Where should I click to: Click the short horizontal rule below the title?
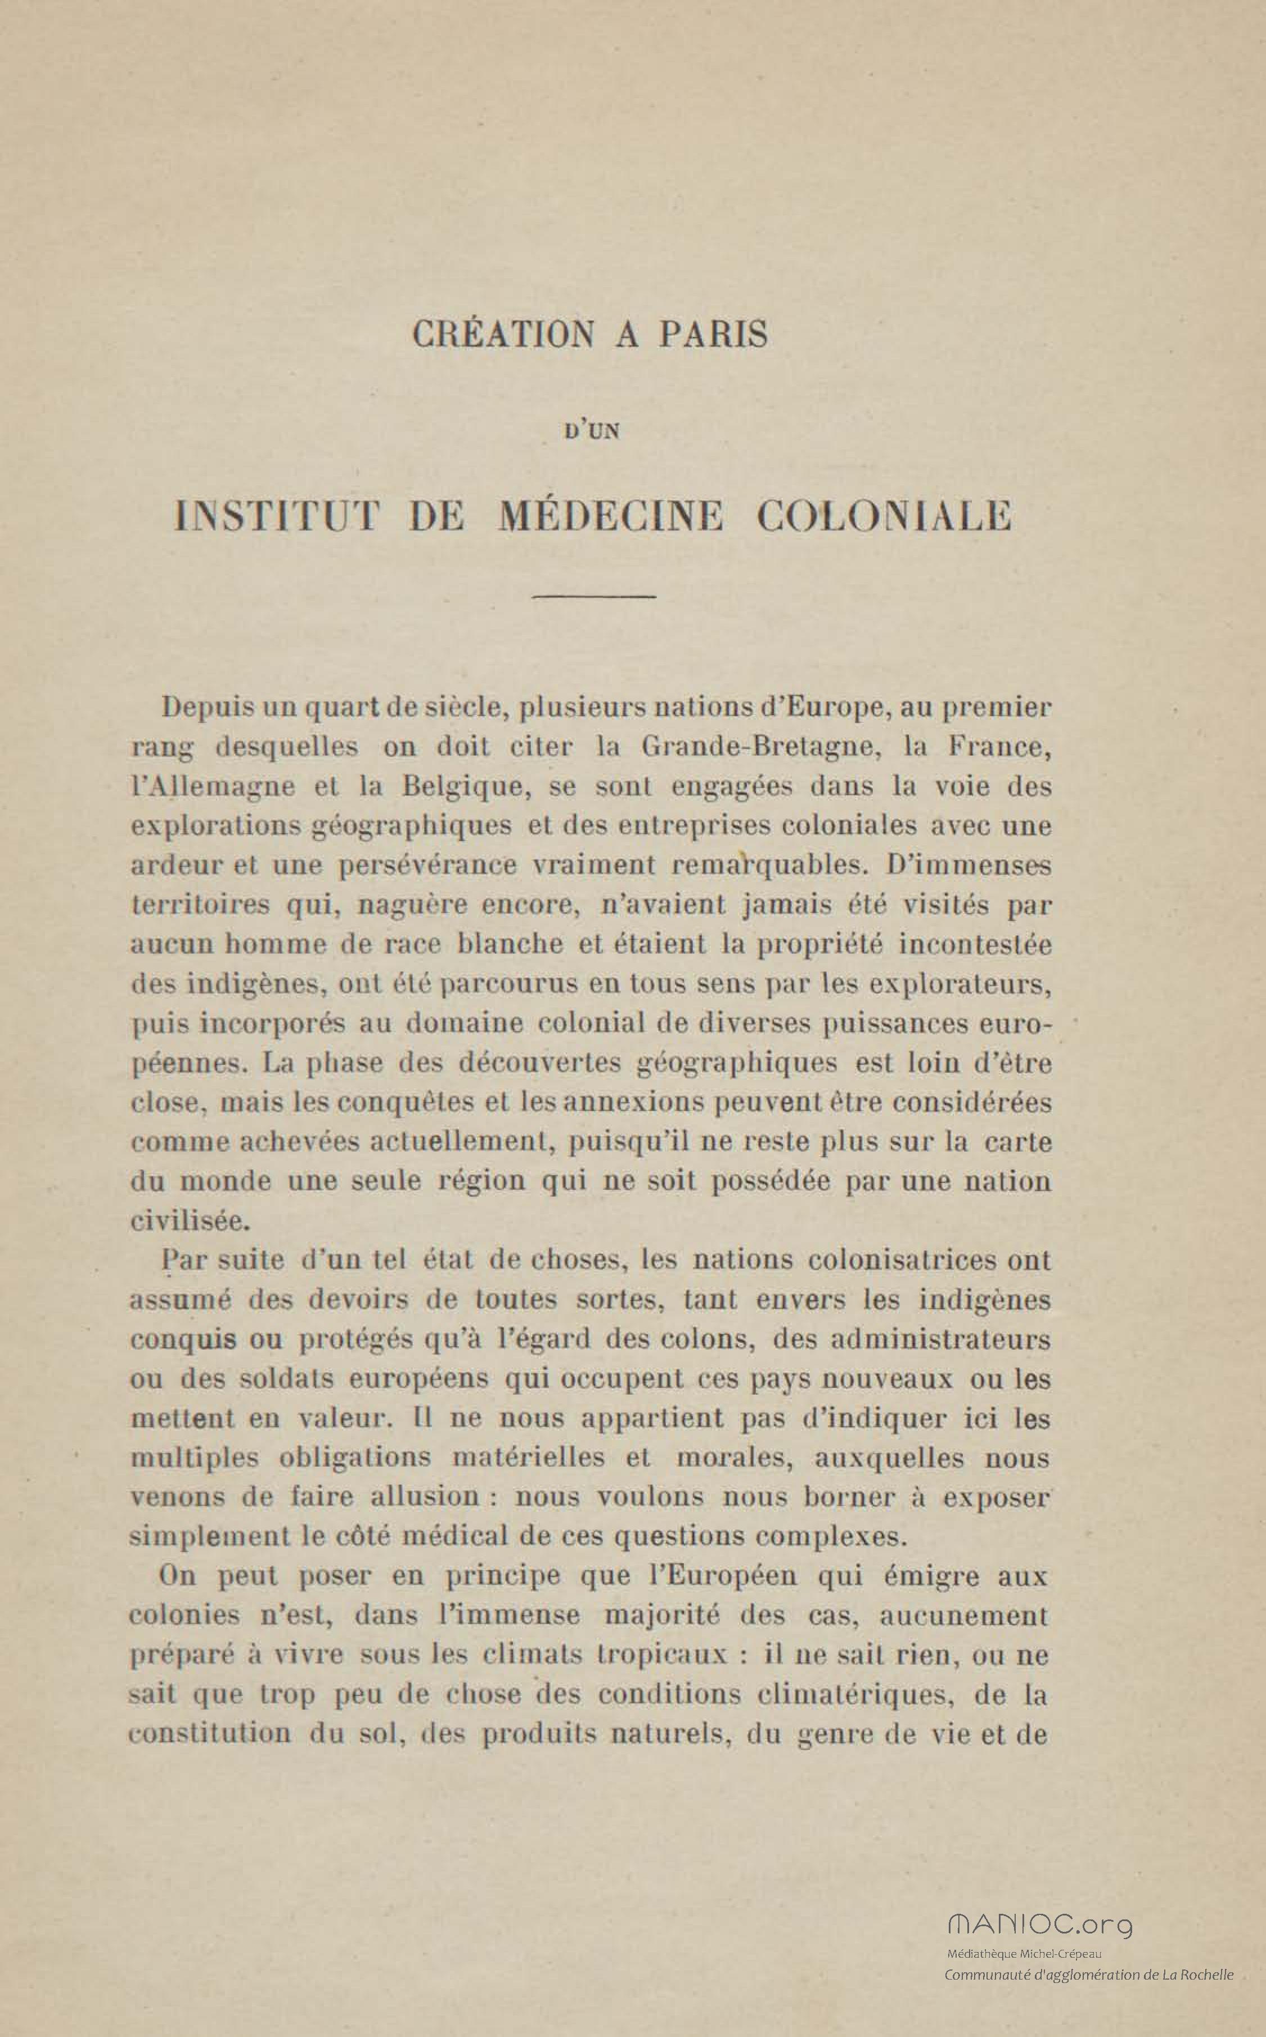coord(594,596)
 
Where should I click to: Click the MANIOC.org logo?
coord(1040,1921)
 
